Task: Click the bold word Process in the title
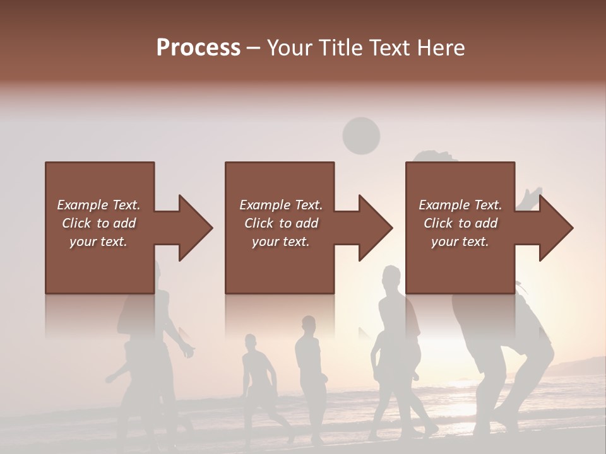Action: click(x=198, y=48)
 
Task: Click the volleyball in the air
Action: click(x=361, y=136)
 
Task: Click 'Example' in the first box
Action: click(x=83, y=204)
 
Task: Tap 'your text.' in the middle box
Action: click(x=280, y=242)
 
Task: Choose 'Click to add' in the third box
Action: click(x=460, y=223)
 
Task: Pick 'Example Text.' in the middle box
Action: click(x=280, y=204)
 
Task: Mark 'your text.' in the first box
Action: click(x=98, y=242)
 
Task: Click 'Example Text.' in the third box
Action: click(x=460, y=204)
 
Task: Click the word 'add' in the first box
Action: click(x=125, y=223)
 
